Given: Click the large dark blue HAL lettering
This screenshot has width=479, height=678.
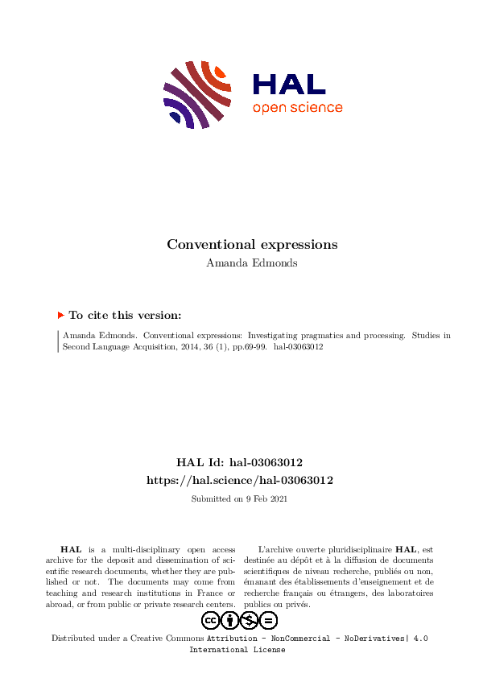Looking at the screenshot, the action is (289, 85).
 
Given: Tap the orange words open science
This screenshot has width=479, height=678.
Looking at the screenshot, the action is (297, 108).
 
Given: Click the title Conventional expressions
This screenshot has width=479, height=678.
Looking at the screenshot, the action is (252, 244).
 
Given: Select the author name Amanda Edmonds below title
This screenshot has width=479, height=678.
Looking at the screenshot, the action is (252, 263).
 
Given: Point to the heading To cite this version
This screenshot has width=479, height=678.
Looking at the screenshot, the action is (125, 316).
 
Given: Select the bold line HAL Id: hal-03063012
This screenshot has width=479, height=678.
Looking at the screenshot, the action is (239, 463).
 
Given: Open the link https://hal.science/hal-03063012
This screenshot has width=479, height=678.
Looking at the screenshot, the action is (239, 480).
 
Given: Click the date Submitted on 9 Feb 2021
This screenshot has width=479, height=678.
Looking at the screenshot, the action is (239, 499).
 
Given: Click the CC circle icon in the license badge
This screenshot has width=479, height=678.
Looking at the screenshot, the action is (211, 620).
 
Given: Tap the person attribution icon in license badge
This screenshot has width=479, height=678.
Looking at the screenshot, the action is (230, 620).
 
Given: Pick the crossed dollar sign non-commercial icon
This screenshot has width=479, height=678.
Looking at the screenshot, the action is (250, 620).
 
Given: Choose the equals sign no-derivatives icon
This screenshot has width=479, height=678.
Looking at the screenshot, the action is (269, 620).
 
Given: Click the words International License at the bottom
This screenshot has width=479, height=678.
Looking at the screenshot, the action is (237, 650).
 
